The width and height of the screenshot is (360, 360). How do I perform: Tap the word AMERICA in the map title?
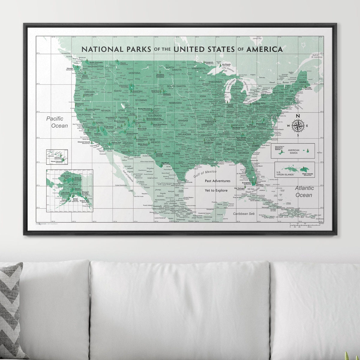pos(264,49)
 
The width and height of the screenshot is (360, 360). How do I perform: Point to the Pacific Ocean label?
pos(57,122)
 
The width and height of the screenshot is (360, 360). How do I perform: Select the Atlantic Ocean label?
pos(304,191)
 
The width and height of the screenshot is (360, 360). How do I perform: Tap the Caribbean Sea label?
pos(244,214)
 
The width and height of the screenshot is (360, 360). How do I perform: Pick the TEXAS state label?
pos(176,153)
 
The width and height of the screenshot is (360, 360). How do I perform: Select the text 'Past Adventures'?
pos(217,181)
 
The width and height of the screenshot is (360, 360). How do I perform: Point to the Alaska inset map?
pos(69,190)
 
